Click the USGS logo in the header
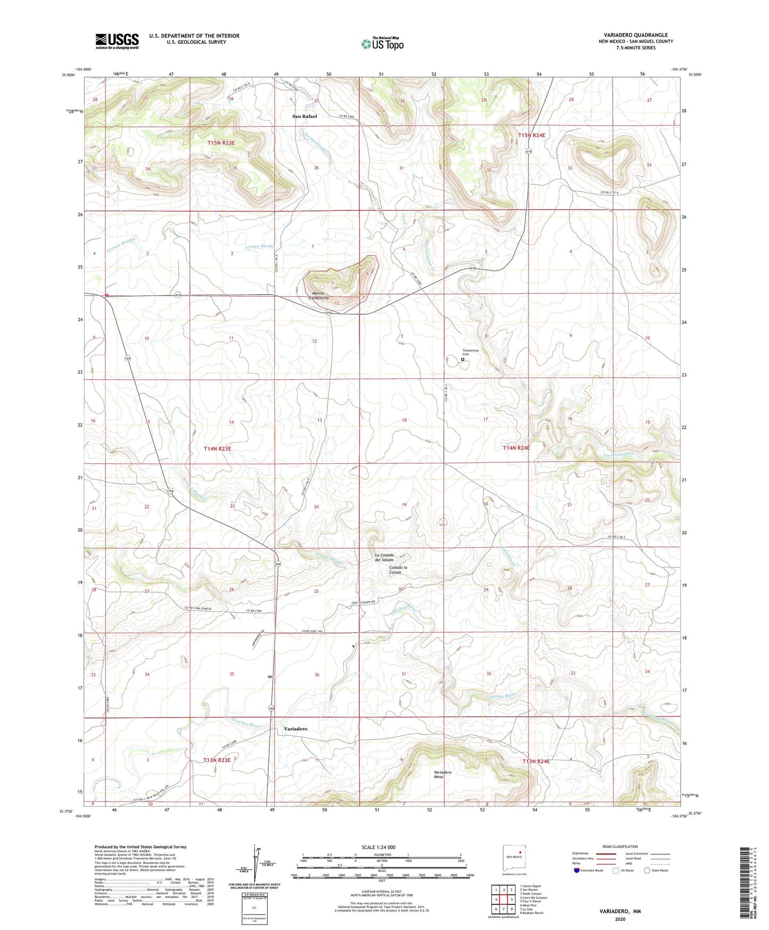117,41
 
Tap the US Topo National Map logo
382,43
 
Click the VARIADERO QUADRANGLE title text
635,35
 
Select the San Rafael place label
304,116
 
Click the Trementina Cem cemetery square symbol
462,360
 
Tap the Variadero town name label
295,728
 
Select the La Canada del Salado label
384,557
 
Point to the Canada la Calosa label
398,570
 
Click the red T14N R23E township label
218,449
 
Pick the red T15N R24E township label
531,135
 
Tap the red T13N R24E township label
536,762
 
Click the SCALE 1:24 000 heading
378,847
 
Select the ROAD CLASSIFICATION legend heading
620,846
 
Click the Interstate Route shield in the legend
577,870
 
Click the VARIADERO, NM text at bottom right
619,911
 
